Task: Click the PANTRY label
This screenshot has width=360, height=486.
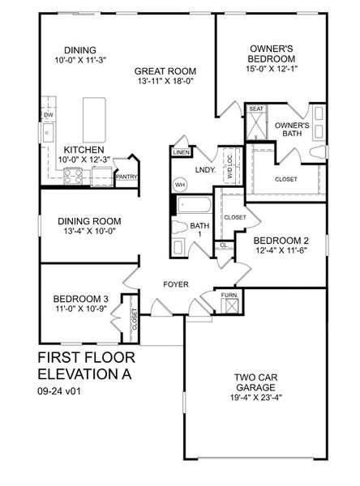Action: [126, 176]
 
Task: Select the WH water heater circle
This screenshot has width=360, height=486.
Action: [180, 184]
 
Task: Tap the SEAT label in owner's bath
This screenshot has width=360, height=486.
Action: [256, 109]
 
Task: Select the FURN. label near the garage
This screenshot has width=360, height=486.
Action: [229, 296]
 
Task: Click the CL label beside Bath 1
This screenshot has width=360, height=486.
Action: [224, 245]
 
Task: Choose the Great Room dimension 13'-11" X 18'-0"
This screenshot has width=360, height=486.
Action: [165, 83]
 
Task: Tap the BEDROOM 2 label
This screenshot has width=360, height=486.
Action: [281, 241]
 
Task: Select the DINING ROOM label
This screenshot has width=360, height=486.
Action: [89, 221]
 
